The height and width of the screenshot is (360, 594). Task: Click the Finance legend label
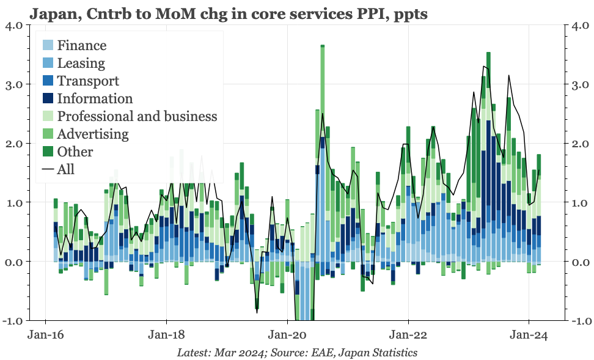point(81,45)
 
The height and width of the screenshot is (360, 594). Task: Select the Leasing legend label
point(81,63)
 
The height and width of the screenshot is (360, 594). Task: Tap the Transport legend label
point(87,81)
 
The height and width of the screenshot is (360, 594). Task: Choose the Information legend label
point(94,98)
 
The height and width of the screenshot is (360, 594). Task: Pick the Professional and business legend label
point(137,116)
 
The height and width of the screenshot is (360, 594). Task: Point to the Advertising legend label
point(92,134)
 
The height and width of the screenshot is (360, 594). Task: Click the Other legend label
point(75,152)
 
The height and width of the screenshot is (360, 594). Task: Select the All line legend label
point(65,169)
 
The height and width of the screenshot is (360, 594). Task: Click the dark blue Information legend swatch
point(48,98)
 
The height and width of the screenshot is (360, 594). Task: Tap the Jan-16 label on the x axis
point(46,335)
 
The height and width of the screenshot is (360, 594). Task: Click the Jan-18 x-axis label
point(166,335)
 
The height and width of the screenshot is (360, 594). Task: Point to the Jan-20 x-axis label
point(287,335)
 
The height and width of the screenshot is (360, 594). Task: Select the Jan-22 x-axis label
point(408,335)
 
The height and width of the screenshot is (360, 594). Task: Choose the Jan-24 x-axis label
point(529,335)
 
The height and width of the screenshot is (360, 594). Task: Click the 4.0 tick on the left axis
point(15,26)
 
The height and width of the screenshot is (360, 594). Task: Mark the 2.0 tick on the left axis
point(15,144)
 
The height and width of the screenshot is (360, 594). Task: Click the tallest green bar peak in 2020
point(322,46)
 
